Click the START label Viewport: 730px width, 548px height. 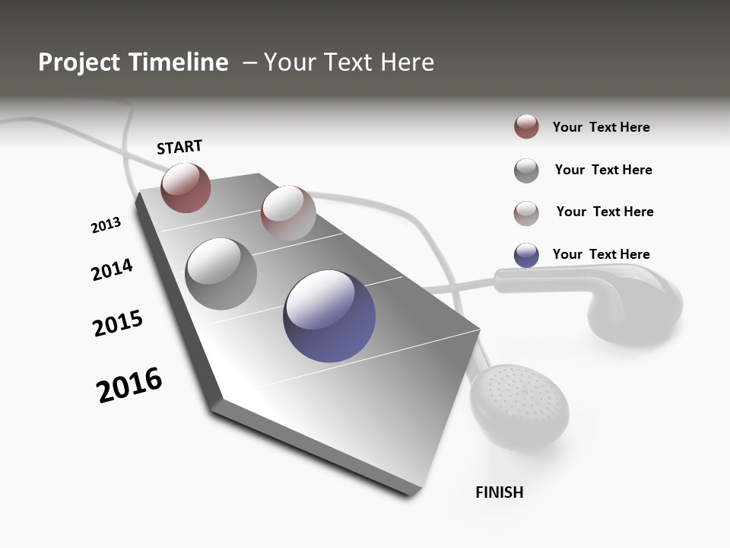(x=179, y=147)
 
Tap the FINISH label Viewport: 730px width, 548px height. (x=499, y=492)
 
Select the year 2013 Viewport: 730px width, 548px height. (x=106, y=225)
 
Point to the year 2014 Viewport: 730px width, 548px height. (x=112, y=269)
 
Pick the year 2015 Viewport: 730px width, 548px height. (x=118, y=323)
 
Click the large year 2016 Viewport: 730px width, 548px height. (x=129, y=385)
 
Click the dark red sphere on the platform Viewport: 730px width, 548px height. (x=186, y=188)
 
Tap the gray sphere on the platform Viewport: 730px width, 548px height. (x=221, y=274)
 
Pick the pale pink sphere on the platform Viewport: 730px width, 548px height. (x=287, y=212)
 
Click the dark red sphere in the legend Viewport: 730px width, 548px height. (x=526, y=127)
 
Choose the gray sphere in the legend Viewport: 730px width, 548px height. (x=526, y=170)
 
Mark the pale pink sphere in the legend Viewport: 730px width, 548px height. (x=526, y=213)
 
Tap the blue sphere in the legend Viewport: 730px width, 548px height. (x=526, y=255)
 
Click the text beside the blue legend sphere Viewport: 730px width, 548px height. (x=601, y=254)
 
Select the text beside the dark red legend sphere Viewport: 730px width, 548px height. (x=601, y=127)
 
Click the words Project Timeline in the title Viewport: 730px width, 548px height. (x=133, y=62)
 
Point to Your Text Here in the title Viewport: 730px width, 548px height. (x=348, y=62)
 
